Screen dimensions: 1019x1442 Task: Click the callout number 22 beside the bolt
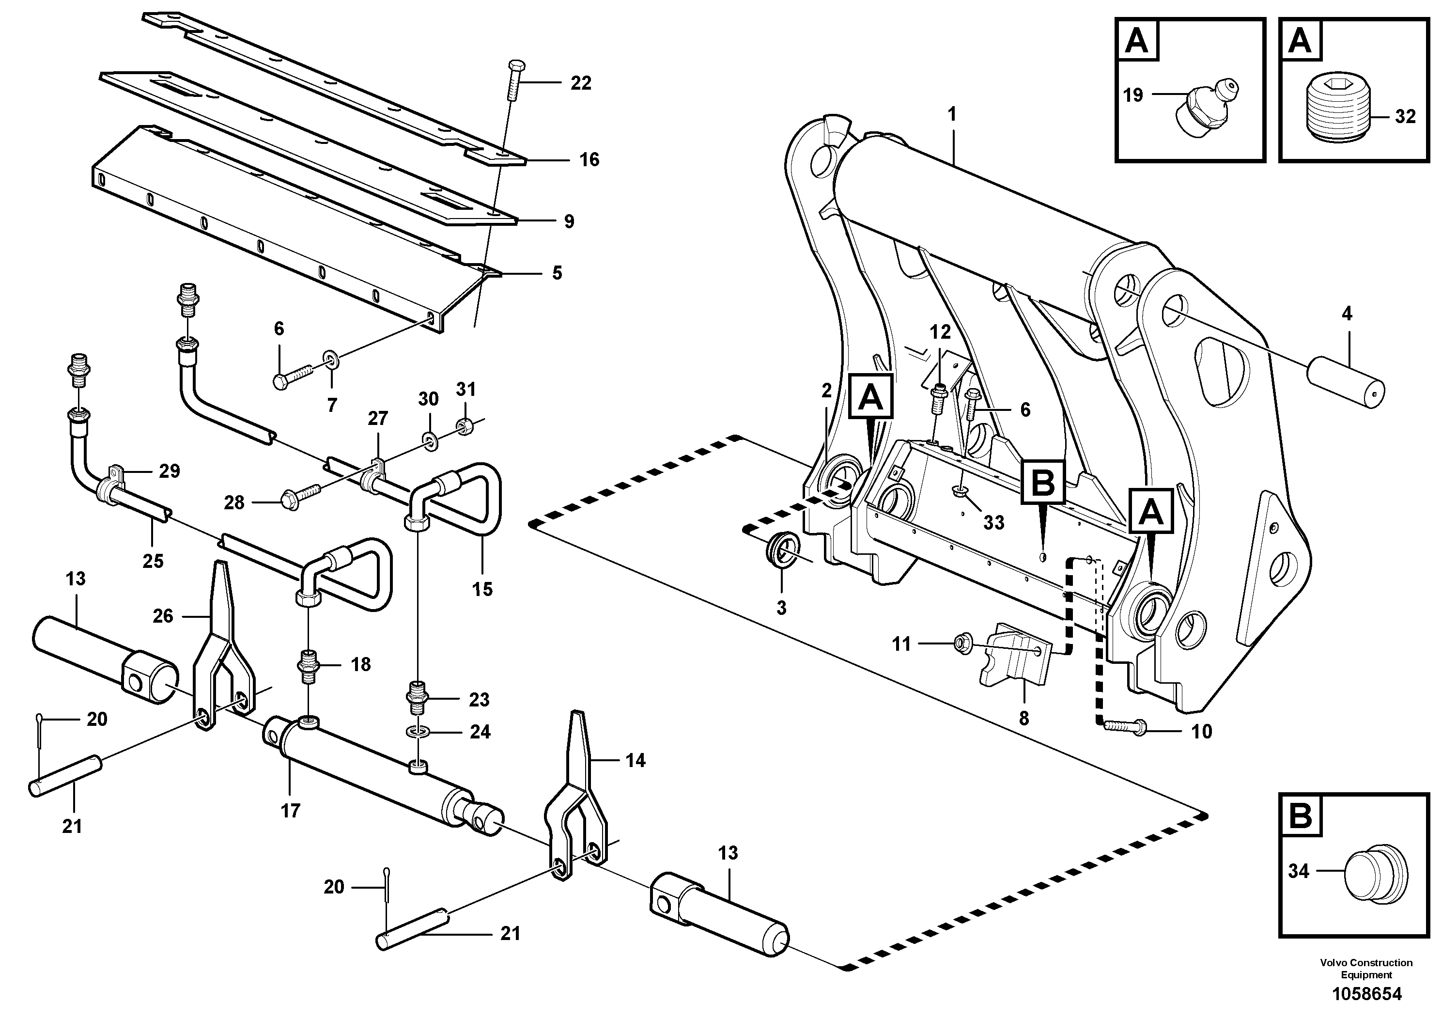click(580, 83)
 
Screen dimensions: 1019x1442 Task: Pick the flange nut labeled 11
click(959, 643)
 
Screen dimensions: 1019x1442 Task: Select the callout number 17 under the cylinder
click(290, 811)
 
